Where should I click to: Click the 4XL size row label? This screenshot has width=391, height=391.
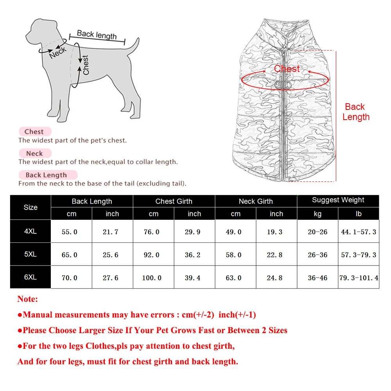[30, 231]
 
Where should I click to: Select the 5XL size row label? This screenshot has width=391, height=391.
[30, 254]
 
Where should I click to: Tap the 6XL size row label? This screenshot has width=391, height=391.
[30, 277]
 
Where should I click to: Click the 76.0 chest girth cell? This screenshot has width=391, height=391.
[152, 232]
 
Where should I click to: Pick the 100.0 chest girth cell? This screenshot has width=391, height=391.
[152, 278]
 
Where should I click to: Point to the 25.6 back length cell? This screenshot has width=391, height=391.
[111, 255]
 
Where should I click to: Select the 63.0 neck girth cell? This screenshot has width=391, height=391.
[234, 278]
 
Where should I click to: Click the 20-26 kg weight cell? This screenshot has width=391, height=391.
[317, 232]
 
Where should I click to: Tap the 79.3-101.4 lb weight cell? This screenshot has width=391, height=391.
[359, 278]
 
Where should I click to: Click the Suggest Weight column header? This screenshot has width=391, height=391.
[338, 200]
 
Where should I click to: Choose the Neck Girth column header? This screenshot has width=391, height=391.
[256, 201]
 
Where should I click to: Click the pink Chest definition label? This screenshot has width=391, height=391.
[34, 132]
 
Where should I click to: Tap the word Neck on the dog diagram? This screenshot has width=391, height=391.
[58, 52]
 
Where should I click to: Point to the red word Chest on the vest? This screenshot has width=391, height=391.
[287, 69]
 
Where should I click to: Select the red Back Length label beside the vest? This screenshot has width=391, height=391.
[355, 112]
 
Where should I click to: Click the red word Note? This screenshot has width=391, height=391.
[28, 299]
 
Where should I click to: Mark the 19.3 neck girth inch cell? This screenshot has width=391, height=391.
[274, 232]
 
